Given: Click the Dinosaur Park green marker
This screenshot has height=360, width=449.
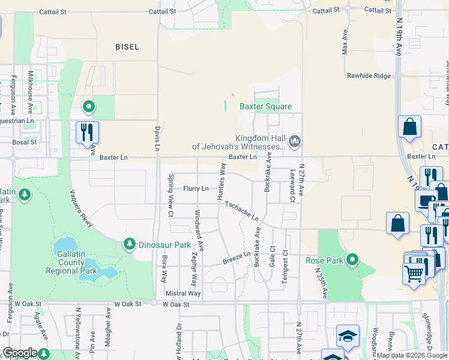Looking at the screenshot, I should click(129, 244).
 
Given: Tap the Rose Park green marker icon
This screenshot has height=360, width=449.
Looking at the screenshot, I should click(353, 260).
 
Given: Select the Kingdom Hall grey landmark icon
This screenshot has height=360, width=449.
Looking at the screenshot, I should click(294, 142).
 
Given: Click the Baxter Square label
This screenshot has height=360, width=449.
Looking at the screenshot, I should click(266, 107).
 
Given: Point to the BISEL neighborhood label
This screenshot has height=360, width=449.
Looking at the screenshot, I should click(127, 47).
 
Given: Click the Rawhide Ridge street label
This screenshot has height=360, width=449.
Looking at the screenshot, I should click(369, 76).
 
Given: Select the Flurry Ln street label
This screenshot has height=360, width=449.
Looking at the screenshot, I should click(196, 188).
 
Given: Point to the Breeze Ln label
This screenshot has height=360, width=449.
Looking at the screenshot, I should click(237, 258).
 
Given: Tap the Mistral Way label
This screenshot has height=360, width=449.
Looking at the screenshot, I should click(183, 293).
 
